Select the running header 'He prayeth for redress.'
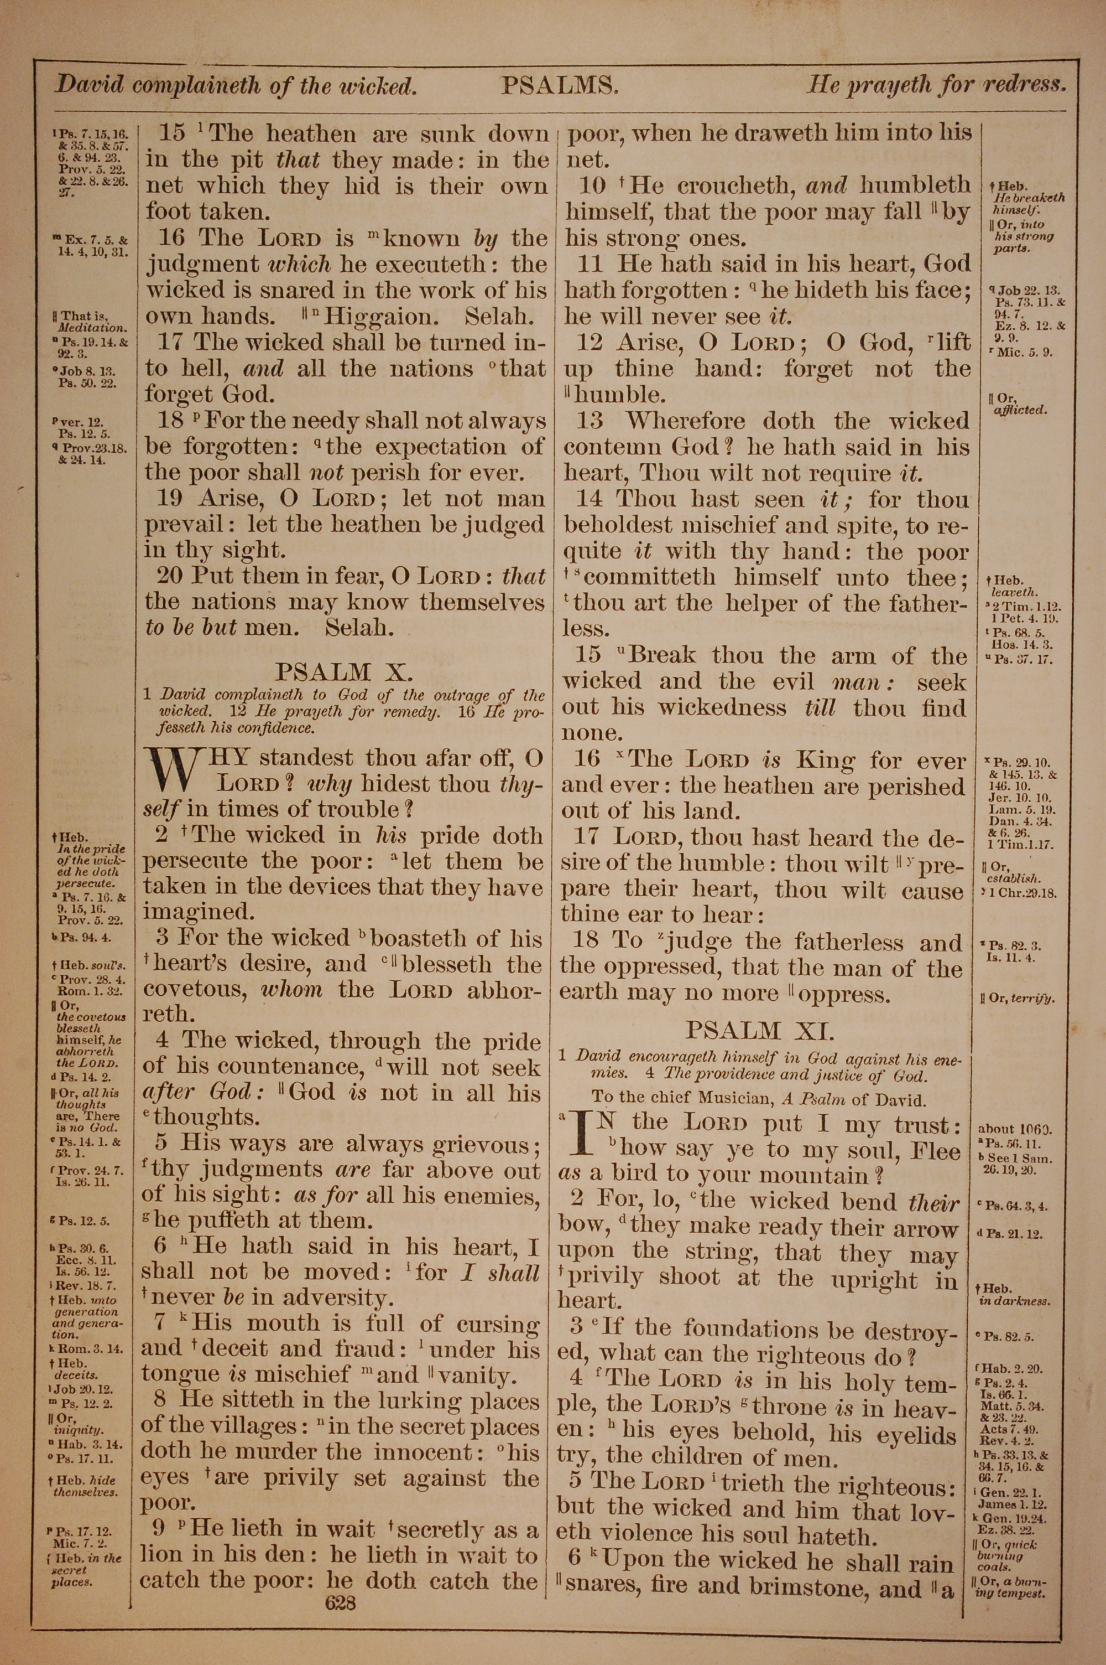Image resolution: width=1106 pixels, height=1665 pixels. tap(936, 85)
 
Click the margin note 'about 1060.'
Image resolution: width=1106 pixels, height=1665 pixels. tap(1014, 1129)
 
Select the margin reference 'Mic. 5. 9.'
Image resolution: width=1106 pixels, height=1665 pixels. tap(1025, 352)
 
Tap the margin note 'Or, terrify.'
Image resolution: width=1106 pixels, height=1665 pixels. tap(1016, 998)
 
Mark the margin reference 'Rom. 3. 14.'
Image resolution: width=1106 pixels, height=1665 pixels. tap(90, 1349)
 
